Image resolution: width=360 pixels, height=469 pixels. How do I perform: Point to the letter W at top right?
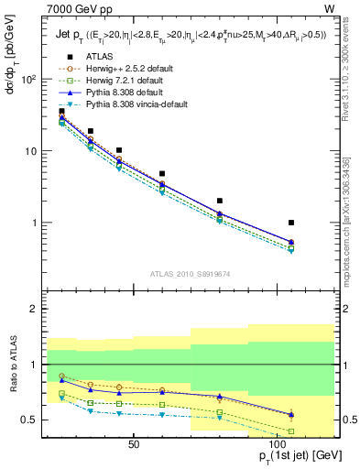pos(329,8)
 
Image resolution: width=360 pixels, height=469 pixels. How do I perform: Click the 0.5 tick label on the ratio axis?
pos(30,420)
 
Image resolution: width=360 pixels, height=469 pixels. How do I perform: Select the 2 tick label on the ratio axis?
pos(35,309)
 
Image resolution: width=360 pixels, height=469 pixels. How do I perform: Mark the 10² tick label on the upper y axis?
pos(28,80)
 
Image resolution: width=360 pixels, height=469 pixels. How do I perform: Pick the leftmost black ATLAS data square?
pos(61,112)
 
